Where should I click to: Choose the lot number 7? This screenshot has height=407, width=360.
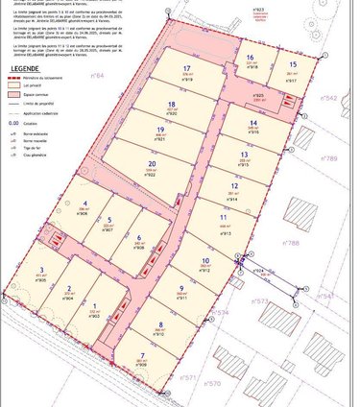coord(142,356)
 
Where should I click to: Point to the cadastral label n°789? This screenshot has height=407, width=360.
coord(330,158)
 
